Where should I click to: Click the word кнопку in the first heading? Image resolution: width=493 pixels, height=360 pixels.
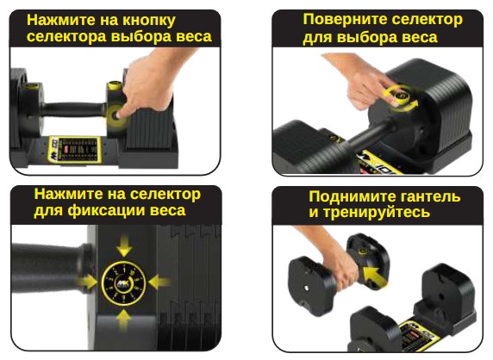pos(149,21)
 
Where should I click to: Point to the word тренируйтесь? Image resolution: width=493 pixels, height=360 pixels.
pos(377,213)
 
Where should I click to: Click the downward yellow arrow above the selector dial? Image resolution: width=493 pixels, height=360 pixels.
pos(124,246)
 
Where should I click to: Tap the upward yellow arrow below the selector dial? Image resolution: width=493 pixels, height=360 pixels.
pos(124,319)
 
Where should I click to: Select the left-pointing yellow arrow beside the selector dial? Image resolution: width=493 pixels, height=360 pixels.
pos(159,282)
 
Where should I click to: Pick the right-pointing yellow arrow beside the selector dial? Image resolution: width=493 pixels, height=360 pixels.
pos(87,281)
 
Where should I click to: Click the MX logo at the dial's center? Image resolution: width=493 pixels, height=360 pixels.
pos(123,283)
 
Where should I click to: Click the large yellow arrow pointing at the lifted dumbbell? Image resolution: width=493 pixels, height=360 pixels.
pos(375,276)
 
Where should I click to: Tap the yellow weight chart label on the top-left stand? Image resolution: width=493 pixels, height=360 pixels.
pos(73,150)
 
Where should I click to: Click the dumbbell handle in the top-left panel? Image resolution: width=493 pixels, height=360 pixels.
pos(73,109)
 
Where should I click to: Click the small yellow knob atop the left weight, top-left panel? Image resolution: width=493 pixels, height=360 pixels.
pos(30,86)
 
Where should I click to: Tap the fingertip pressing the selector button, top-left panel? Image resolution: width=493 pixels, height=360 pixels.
pos(120,115)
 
